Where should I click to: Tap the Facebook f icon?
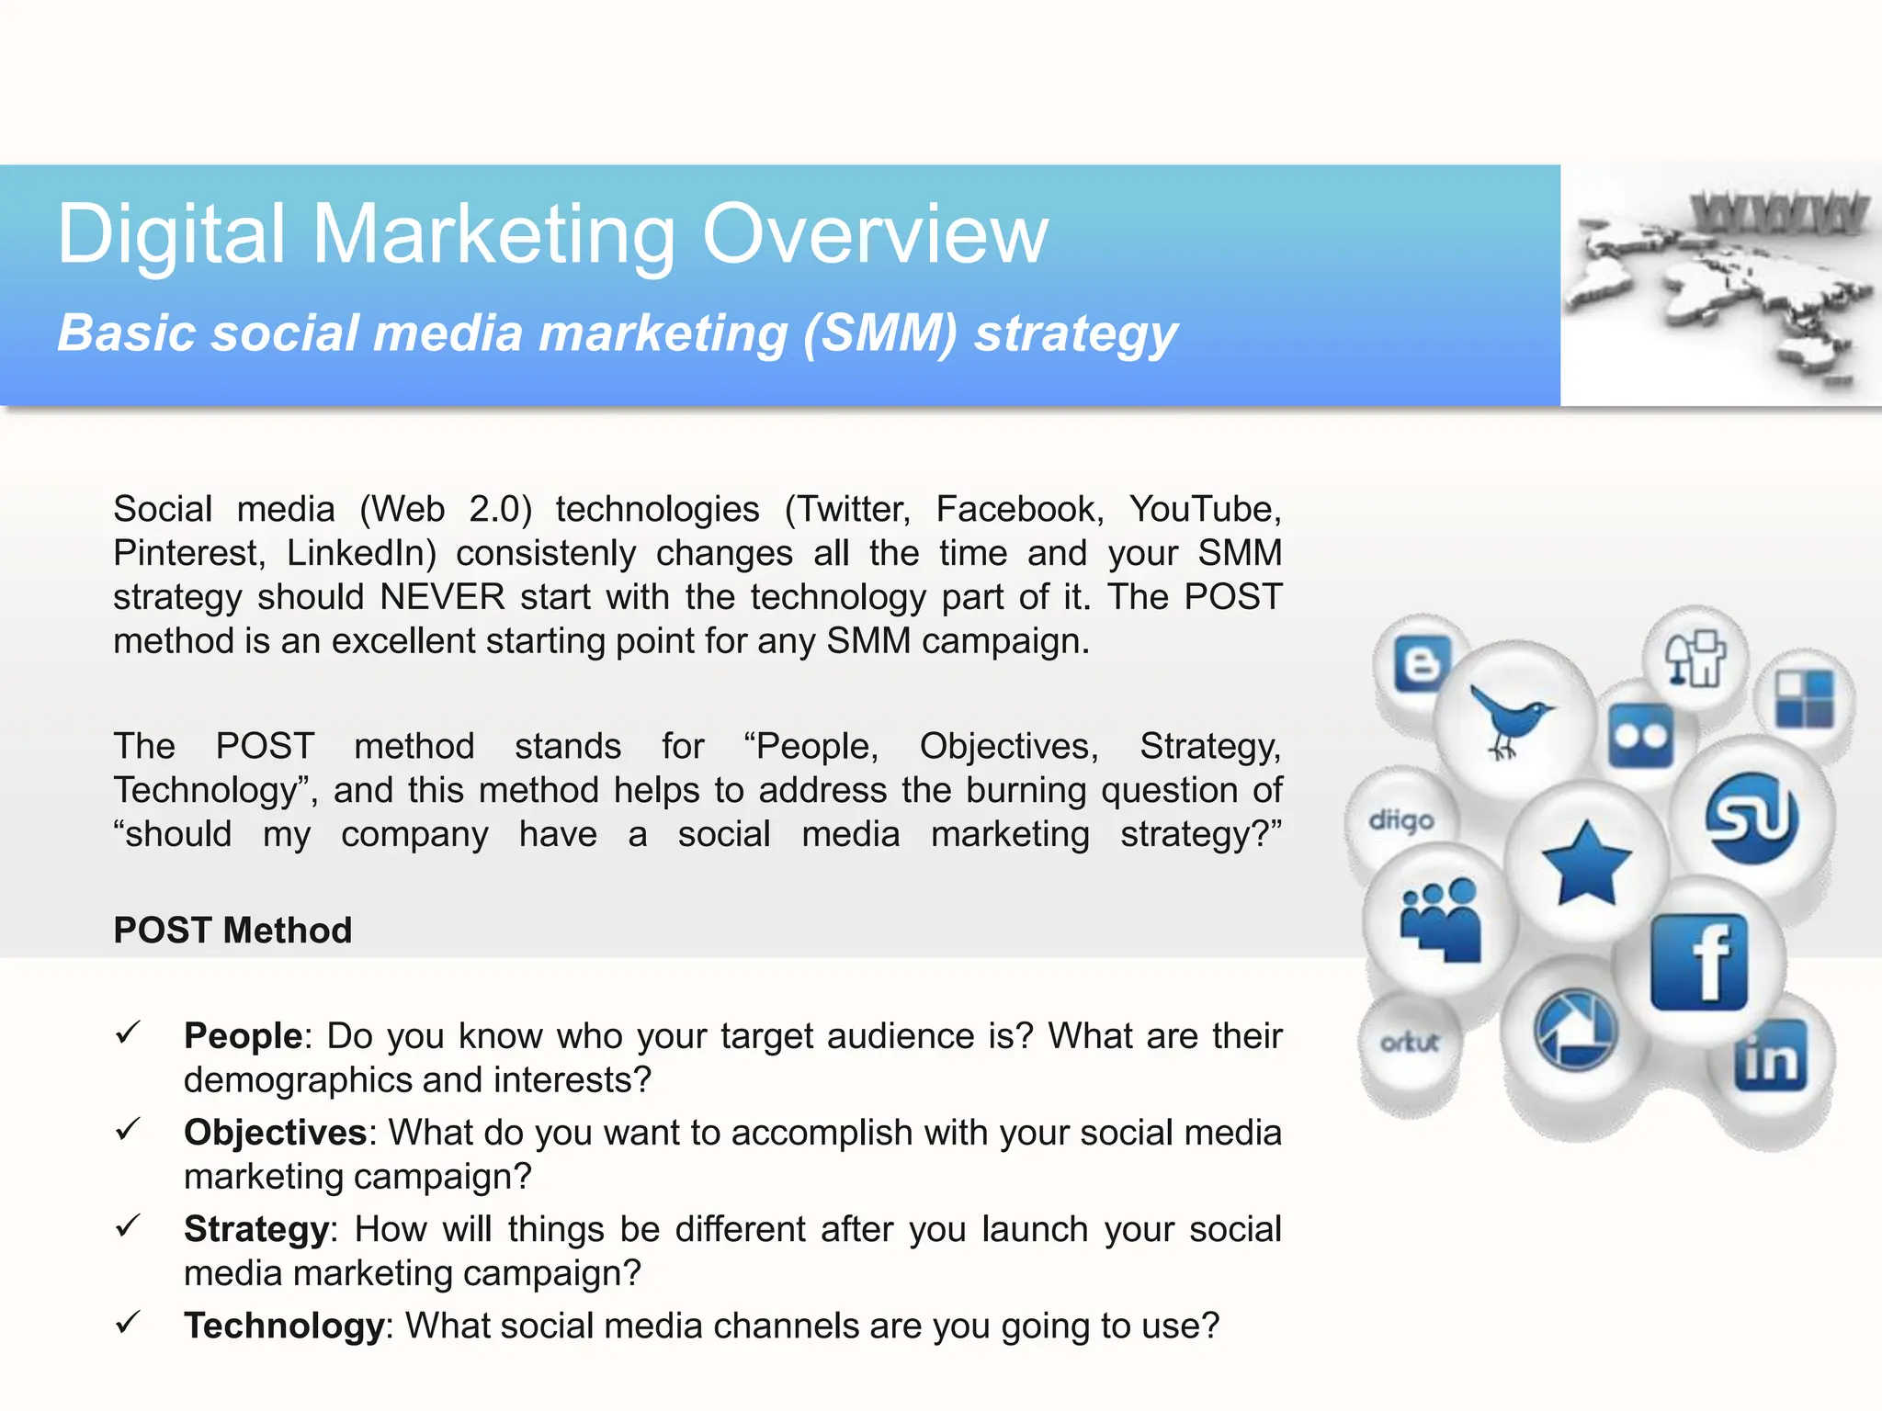pyautogui.click(x=1698, y=963)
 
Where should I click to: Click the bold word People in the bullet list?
pyautogui.click(x=243, y=1036)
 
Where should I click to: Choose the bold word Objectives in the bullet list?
pyautogui.click(x=275, y=1133)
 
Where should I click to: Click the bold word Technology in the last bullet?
pyautogui.click(x=283, y=1326)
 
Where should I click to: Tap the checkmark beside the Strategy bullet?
pyautogui.click(x=128, y=1225)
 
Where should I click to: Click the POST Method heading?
pyautogui.click(x=232, y=931)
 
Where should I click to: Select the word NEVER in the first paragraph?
pyautogui.click(x=442, y=597)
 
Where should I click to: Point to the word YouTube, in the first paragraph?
pyautogui.click(x=1205, y=509)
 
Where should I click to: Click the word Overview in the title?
pyautogui.click(x=874, y=234)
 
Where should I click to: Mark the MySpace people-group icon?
pyautogui.click(x=1440, y=919)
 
